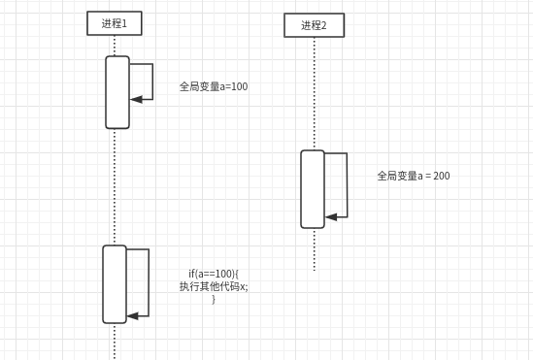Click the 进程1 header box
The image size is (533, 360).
pyautogui.click(x=115, y=23)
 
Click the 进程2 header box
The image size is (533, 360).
pyautogui.click(x=314, y=25)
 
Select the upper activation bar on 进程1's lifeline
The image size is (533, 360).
pyautogui.click(x=117, y=92)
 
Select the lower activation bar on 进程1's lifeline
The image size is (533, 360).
pyautogui.click(x=115, y=283)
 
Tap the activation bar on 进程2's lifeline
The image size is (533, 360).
pyautogui.click(x=313, y=188)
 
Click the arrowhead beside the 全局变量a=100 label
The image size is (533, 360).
pyautogui.click(x=137, y=99)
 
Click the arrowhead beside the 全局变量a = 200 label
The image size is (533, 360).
pyautogui.click(x=331, y=216)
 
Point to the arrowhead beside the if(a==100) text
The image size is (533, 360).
pyautogui.click(x=133, y=315)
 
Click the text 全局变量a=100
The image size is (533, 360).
pyautogui.click(x=214, y=86)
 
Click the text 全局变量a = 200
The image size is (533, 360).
pyautogui.click(x=414, y=176)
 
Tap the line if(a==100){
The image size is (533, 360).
pyautogui.click(x=214, y=274)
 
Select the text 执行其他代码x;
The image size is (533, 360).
pyautogui.click(x=214, y=286)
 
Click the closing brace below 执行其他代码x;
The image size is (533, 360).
pyautogui.click(x=214, y=299)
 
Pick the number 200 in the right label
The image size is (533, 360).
pyautogui.click(x=441, y=176)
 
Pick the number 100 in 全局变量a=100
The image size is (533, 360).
pyautogui.click(x=239, y=86)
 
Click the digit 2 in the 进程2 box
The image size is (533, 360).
pyautogui.click(x=324, y=25)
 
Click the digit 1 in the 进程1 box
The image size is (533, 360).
pyautogui.click(x=125, y=23)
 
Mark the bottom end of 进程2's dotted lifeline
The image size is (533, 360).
pyautogui.click(x=314, y=269)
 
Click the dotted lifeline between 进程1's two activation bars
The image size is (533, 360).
pyautogui.click(x=115, y=184)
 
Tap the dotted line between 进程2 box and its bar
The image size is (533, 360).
pyautogui.click(x=314, y=92)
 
